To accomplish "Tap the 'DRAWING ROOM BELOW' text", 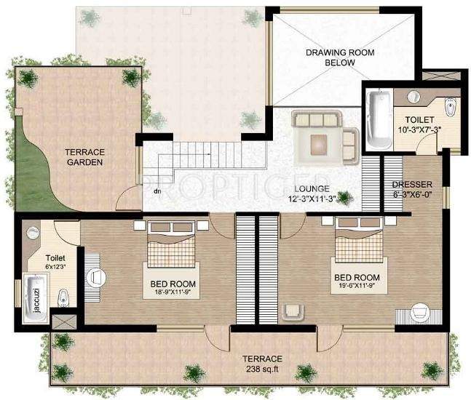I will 330,57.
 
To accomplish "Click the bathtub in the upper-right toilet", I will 378,118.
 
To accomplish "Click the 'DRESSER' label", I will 412,185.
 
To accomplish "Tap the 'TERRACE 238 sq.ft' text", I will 262,364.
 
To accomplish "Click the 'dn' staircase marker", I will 157,193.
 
